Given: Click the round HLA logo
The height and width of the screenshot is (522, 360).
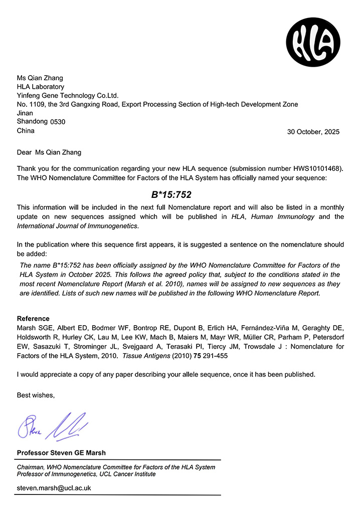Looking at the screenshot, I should pos(313,39).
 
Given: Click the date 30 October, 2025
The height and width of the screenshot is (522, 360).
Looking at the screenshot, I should pos(313,132).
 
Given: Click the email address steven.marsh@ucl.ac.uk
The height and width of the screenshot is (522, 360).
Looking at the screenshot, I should pos(54,487).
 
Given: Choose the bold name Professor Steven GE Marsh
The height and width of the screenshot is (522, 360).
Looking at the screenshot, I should pos(61,453).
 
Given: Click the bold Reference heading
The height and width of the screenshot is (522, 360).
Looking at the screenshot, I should pos(33,319).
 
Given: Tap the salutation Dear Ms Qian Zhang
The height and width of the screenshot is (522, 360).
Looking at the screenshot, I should pos(49,152).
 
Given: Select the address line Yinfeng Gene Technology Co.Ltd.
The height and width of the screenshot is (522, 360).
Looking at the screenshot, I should pos(68,95).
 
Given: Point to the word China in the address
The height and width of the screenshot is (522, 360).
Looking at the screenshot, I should pos(26,130).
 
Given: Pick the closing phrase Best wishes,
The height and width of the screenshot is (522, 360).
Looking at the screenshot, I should pos(36,395).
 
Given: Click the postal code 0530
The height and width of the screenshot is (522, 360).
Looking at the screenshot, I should pos(57,122).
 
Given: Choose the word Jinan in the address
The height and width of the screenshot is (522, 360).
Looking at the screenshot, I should pos(25,113).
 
